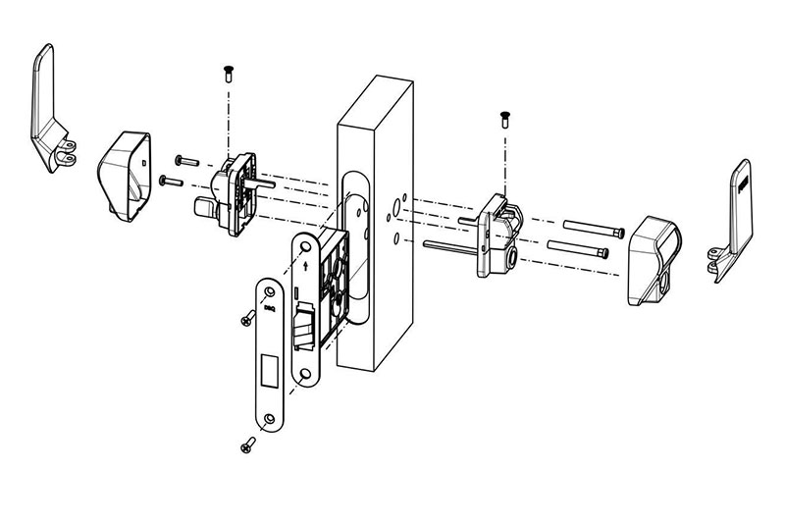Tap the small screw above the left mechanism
tap(229, 70)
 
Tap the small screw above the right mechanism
tap(504, 119)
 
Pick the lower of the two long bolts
tap(579, 251)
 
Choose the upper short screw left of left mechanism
tap(187, 160)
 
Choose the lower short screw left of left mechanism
tap(170, 181)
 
